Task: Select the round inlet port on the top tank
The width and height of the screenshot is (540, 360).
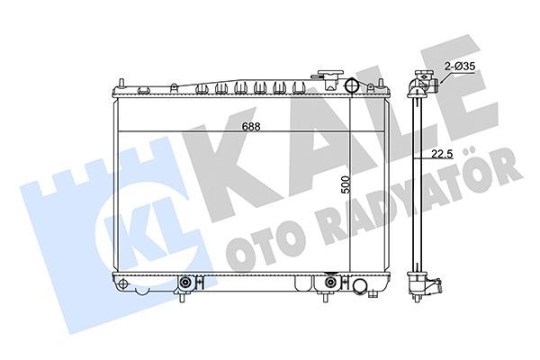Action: tap(352, 86)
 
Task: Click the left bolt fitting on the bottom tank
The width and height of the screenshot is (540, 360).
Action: tap(186, 283)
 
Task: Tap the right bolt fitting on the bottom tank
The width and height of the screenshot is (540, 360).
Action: tap(329, 283)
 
